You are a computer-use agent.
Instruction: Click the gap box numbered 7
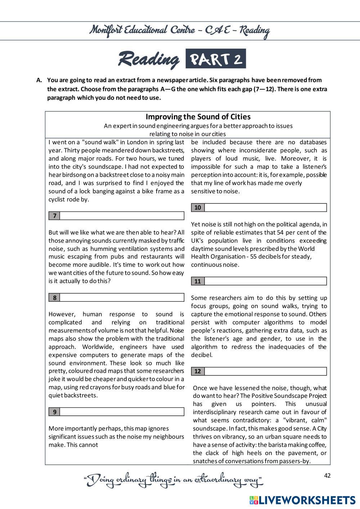click(122, 216)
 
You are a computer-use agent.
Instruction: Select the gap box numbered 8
click(122, 298)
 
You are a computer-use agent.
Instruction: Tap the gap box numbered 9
click(122, 412)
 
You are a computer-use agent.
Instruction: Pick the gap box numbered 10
click(265, 208)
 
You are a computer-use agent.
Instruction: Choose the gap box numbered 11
click(265, 281)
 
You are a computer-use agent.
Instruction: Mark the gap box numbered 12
click(265, 371)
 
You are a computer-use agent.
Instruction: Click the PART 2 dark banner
click(216, 59)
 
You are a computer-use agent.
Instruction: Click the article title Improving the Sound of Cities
click(198, 117)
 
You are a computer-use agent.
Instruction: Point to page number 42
click(327, 476)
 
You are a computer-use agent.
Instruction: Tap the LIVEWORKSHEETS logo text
click(306, 500)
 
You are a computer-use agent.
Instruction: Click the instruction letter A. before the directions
click(40, 80)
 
